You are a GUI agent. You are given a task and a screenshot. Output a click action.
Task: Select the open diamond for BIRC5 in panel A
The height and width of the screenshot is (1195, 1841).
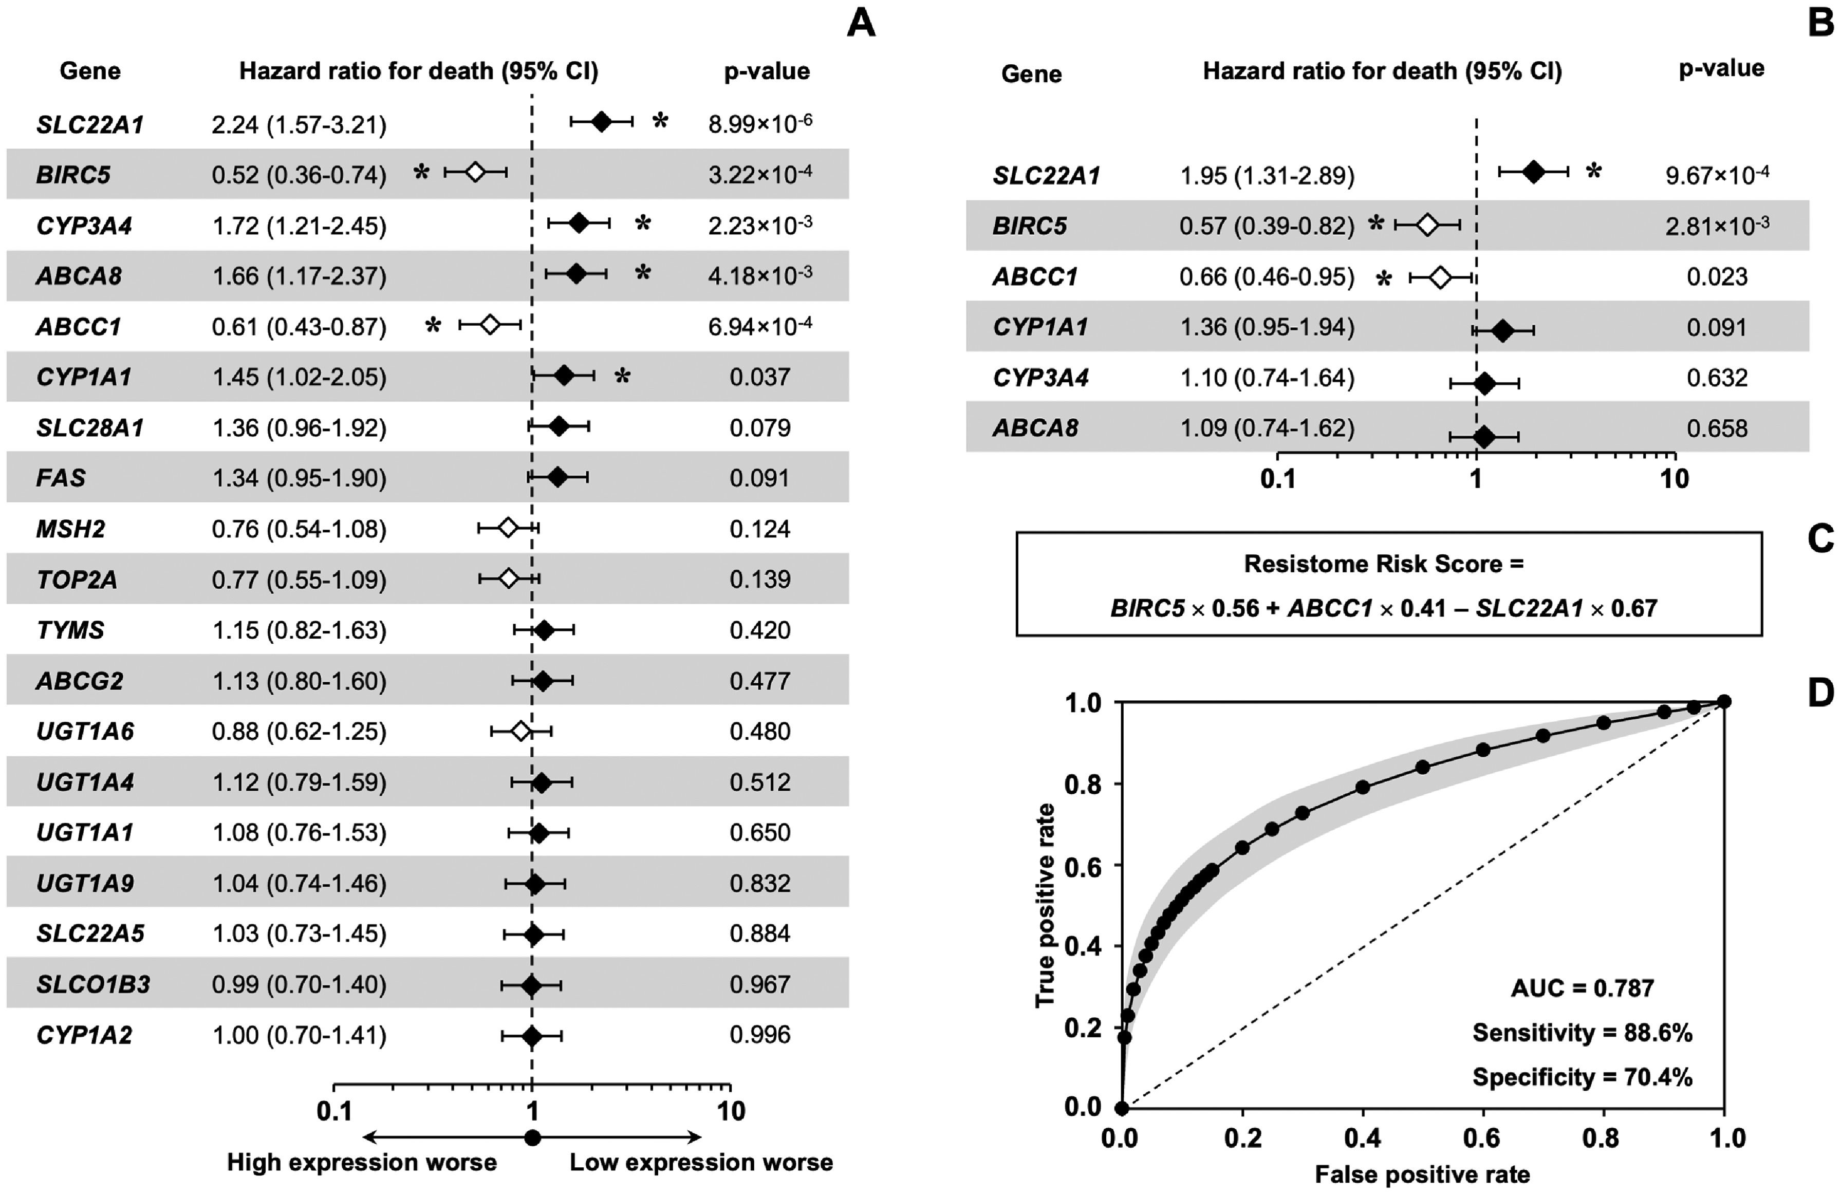click(475, 172)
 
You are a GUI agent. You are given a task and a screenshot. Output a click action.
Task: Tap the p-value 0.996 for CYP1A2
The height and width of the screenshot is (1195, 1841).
click(759, 1034)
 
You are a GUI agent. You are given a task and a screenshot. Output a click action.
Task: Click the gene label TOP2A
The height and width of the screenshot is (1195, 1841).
click(77, 580)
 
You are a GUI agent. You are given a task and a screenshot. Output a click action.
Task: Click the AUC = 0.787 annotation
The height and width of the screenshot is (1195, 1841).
click(1582, 988)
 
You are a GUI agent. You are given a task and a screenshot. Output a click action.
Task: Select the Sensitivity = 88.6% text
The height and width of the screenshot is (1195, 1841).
click(1582, 1033)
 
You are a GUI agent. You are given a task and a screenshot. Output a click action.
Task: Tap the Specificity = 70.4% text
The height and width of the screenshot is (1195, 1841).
click(1582, 1077)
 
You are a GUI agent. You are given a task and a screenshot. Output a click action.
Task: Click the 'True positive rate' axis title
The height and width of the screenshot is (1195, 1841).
click(1045, 905)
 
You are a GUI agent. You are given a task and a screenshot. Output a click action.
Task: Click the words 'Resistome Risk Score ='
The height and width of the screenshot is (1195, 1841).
click(1384, 564)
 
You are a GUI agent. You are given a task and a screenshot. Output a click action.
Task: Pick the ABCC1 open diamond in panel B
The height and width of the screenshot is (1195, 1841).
click(1440, 277)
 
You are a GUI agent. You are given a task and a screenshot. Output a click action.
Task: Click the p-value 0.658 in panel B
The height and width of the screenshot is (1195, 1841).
click(1717, 428)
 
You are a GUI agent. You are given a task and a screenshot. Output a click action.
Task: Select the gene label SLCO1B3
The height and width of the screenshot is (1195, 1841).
click(93, 984)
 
